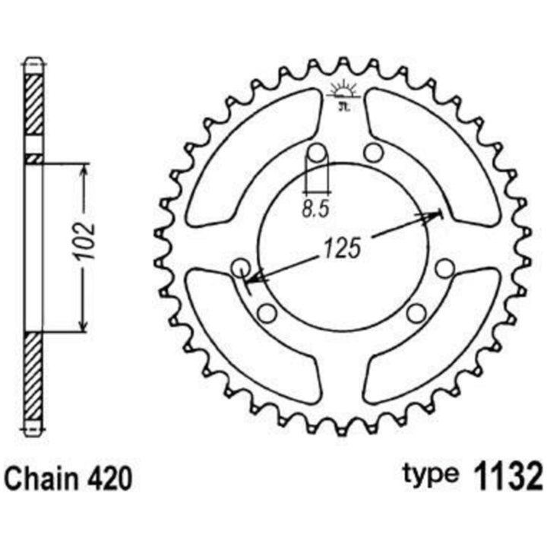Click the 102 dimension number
click(86, 240)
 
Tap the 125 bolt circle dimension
click(342, 248)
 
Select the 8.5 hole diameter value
click(315, 210)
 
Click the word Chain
click(41, 479)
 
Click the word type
click(430, 475)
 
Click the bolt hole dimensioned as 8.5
click(317, 153)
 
